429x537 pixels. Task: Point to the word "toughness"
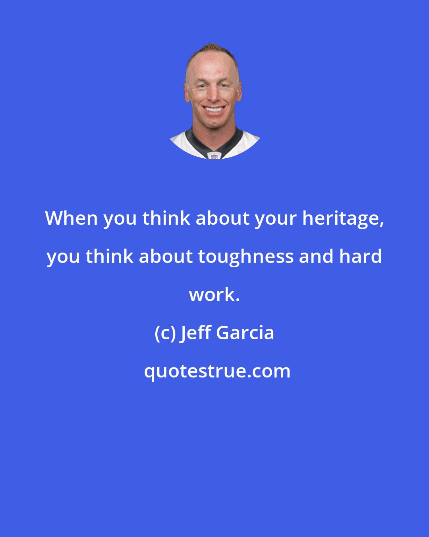point(245,257)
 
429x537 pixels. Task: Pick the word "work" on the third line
point(212,294)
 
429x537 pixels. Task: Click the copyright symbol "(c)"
point(165,333)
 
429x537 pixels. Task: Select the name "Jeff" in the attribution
point(196,333)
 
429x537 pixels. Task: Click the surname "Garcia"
point(245,333)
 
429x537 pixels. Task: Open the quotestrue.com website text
point(217,371)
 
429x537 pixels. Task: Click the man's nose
point(213,95)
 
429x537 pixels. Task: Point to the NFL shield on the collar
point(215,156)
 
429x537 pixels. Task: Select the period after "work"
point(238,300)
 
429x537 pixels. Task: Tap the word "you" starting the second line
point(64,257)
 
